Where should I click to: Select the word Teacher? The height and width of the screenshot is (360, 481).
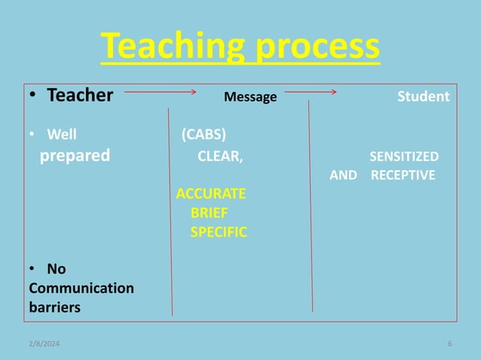coord(80,96)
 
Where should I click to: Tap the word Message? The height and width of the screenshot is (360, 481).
coord(250,97)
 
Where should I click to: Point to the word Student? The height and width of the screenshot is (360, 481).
coord(423,96)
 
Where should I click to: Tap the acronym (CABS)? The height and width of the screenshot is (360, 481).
coord(203,136)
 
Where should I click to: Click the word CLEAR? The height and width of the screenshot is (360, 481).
coord(220,157)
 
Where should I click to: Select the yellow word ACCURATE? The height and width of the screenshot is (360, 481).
coord(210,194)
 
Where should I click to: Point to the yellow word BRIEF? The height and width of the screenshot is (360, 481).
coord(210,213)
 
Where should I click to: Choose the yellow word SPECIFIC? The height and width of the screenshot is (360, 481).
coord(219,233)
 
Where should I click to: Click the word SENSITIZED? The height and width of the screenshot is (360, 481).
coord(403,157)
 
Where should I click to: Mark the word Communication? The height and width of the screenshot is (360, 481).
coord(81,288)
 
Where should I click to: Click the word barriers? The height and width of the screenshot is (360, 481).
coord(54,307)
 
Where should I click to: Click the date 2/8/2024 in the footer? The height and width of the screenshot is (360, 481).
coord(44,344)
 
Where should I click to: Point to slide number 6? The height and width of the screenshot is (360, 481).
coord(449,344)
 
